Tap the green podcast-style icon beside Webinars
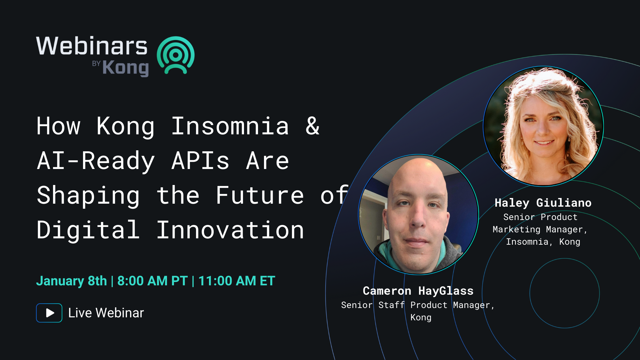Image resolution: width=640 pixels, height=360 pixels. (176, 55)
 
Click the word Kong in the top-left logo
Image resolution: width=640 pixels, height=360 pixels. (125, 68)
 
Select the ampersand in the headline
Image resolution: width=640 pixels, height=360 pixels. (313, 126)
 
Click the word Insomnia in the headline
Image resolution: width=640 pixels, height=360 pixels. (230, 126)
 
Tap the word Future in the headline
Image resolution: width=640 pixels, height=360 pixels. (260, 195)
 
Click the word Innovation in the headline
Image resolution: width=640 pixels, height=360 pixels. (230, 230)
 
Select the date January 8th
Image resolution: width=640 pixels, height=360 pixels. (72, 281)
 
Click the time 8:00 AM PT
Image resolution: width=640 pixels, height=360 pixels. (153, 281)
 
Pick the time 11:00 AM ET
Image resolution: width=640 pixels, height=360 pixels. (237, 281)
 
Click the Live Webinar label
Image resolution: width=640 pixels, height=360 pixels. (106, 313)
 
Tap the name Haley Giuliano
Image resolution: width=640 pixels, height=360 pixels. (543, 203)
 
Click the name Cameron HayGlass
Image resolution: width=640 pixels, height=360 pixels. (418, 291)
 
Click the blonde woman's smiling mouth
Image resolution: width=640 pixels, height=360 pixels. (544, 143)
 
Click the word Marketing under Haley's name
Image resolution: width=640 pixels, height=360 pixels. (516, 230)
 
